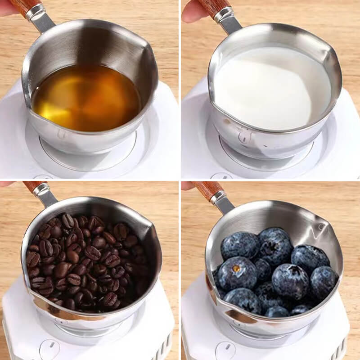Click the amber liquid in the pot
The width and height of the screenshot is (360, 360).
[x=85, y=97]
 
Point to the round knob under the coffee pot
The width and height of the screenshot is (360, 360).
[x=49, y=349]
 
